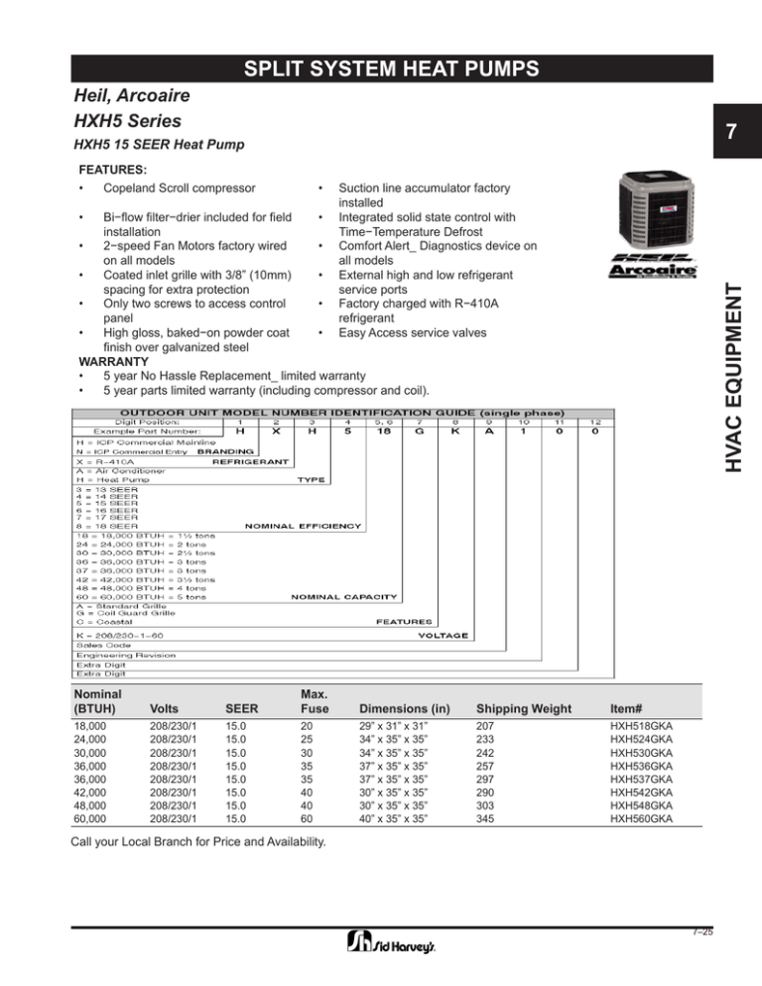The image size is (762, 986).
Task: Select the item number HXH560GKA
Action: [642, 819]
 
